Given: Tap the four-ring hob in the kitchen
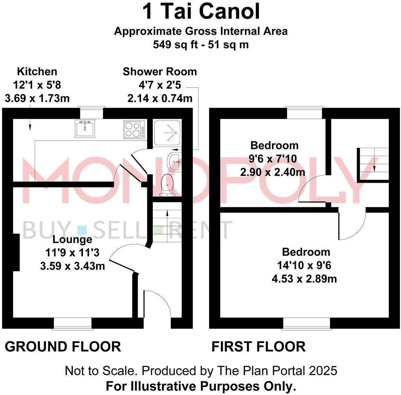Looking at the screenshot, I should click(133, 129).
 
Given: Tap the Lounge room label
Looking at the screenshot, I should click(72, 239).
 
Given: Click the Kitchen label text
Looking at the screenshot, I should click(37, 72).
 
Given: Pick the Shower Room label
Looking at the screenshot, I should click(160, 72).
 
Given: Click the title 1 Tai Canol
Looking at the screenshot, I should click(201, 12).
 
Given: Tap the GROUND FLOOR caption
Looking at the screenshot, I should click(63, 346).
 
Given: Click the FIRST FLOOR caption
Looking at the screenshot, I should click(258, 346).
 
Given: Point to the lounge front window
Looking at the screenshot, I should click(72, 323).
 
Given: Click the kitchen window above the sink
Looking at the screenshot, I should click(91, 112).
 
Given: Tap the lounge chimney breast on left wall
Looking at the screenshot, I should click(15, 252).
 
